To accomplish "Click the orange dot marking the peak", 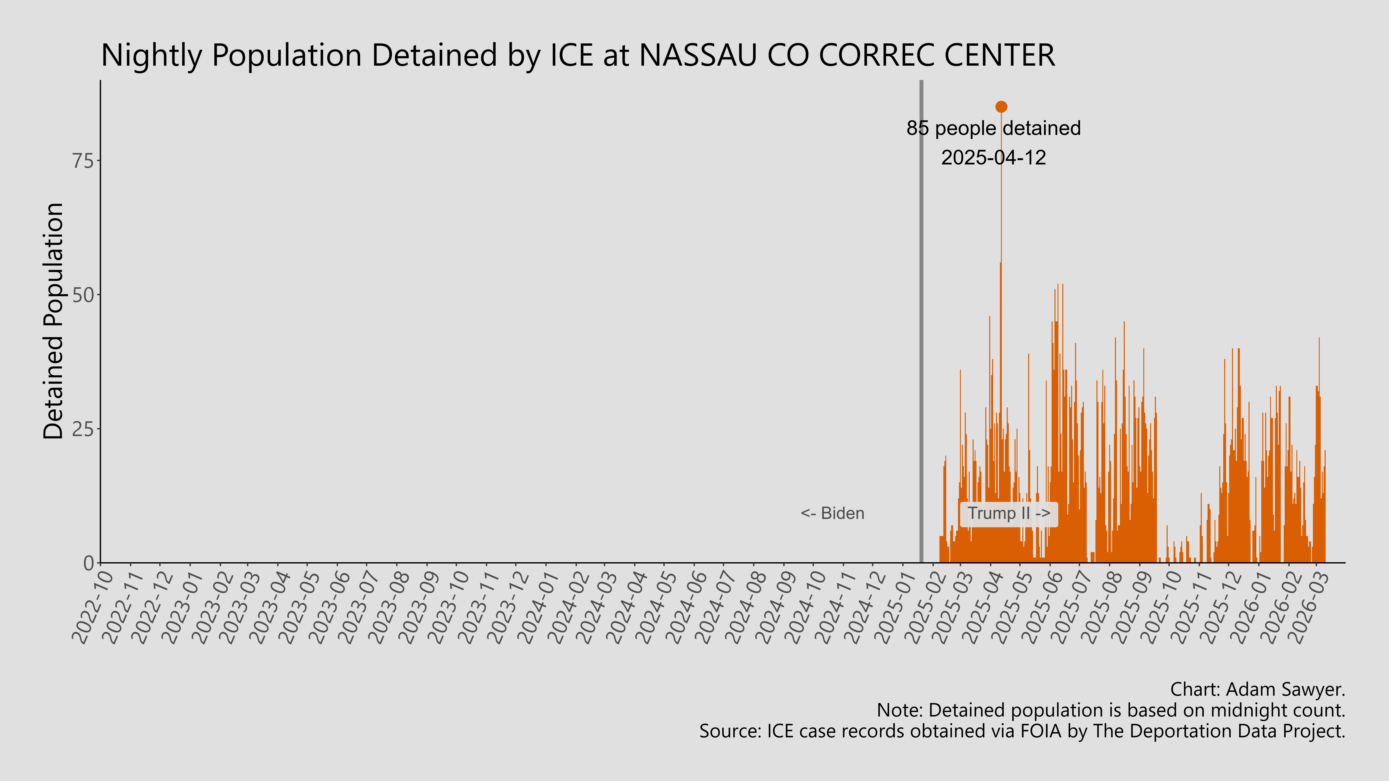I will (1001, 107).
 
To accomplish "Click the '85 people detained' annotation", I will (993, 128).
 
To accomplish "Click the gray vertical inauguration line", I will (921, 323).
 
